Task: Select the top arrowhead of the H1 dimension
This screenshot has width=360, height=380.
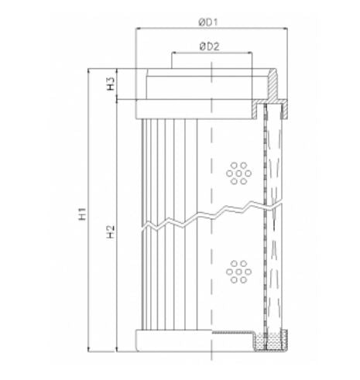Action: [x=93, y=71]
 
